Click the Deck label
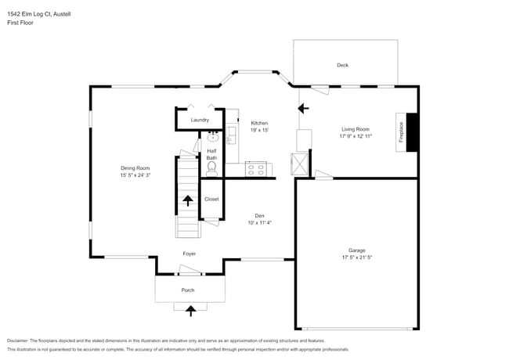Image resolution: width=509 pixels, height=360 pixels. (x=342, y=65)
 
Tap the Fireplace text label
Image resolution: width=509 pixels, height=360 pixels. (x=400, y=131)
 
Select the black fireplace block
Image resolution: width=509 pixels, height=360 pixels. (x=412, y=131)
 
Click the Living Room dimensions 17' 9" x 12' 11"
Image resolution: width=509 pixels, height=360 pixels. (x=355, y=136)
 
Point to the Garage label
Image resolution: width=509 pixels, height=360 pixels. (x=356, y=250)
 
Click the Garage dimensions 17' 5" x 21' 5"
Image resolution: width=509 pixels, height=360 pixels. (x=356, y=257)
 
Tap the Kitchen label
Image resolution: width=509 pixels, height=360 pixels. (x=259, y=123)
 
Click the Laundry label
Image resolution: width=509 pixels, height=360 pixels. (x=200, y=120)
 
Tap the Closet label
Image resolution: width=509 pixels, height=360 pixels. (x=211, y=199)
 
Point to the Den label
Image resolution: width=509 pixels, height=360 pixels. (x=259, y=215)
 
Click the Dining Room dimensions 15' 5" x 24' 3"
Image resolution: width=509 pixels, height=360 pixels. (x=135, y=175)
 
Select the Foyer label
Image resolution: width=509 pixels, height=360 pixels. (x=190, y=254)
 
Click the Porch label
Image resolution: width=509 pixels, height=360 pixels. (x=188, y=290)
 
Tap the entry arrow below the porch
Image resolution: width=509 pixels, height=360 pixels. (x=190, y=311)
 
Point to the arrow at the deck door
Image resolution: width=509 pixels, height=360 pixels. (x=304, y=109)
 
